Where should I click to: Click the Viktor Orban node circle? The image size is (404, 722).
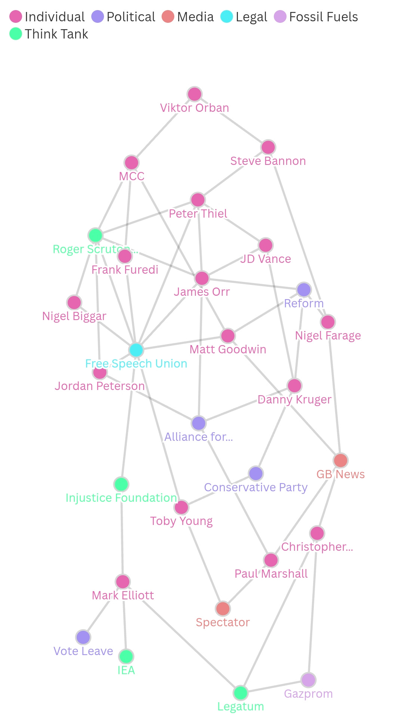pos(195,94)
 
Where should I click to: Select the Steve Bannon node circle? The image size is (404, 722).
pos(268,147)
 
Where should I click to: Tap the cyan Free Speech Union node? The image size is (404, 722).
pos(136,350)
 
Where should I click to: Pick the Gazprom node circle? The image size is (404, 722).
pos(308,680)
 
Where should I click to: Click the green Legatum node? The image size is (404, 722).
pos(241,693)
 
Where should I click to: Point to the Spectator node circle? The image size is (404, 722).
pos(223,608)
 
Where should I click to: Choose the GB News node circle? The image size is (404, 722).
pos(341,461)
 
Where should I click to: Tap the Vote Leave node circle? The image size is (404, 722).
pos(83,637)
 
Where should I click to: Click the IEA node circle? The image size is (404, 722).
pos(126,656)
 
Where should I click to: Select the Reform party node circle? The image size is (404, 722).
pos(304,289)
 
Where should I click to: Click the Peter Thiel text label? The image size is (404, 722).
pos(198,213)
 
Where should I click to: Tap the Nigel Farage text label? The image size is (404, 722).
pos(328,335)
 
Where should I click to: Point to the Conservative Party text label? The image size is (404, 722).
pos(256,487)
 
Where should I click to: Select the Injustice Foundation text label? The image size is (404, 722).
pos(121,498)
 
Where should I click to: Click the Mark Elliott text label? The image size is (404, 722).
pos(123,595)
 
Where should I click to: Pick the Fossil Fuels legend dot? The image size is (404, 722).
pos(280,17)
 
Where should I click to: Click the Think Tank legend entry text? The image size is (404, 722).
pos(56,34)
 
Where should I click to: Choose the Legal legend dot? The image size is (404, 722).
pos(227,17)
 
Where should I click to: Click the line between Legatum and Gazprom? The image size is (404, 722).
pos(275,686)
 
